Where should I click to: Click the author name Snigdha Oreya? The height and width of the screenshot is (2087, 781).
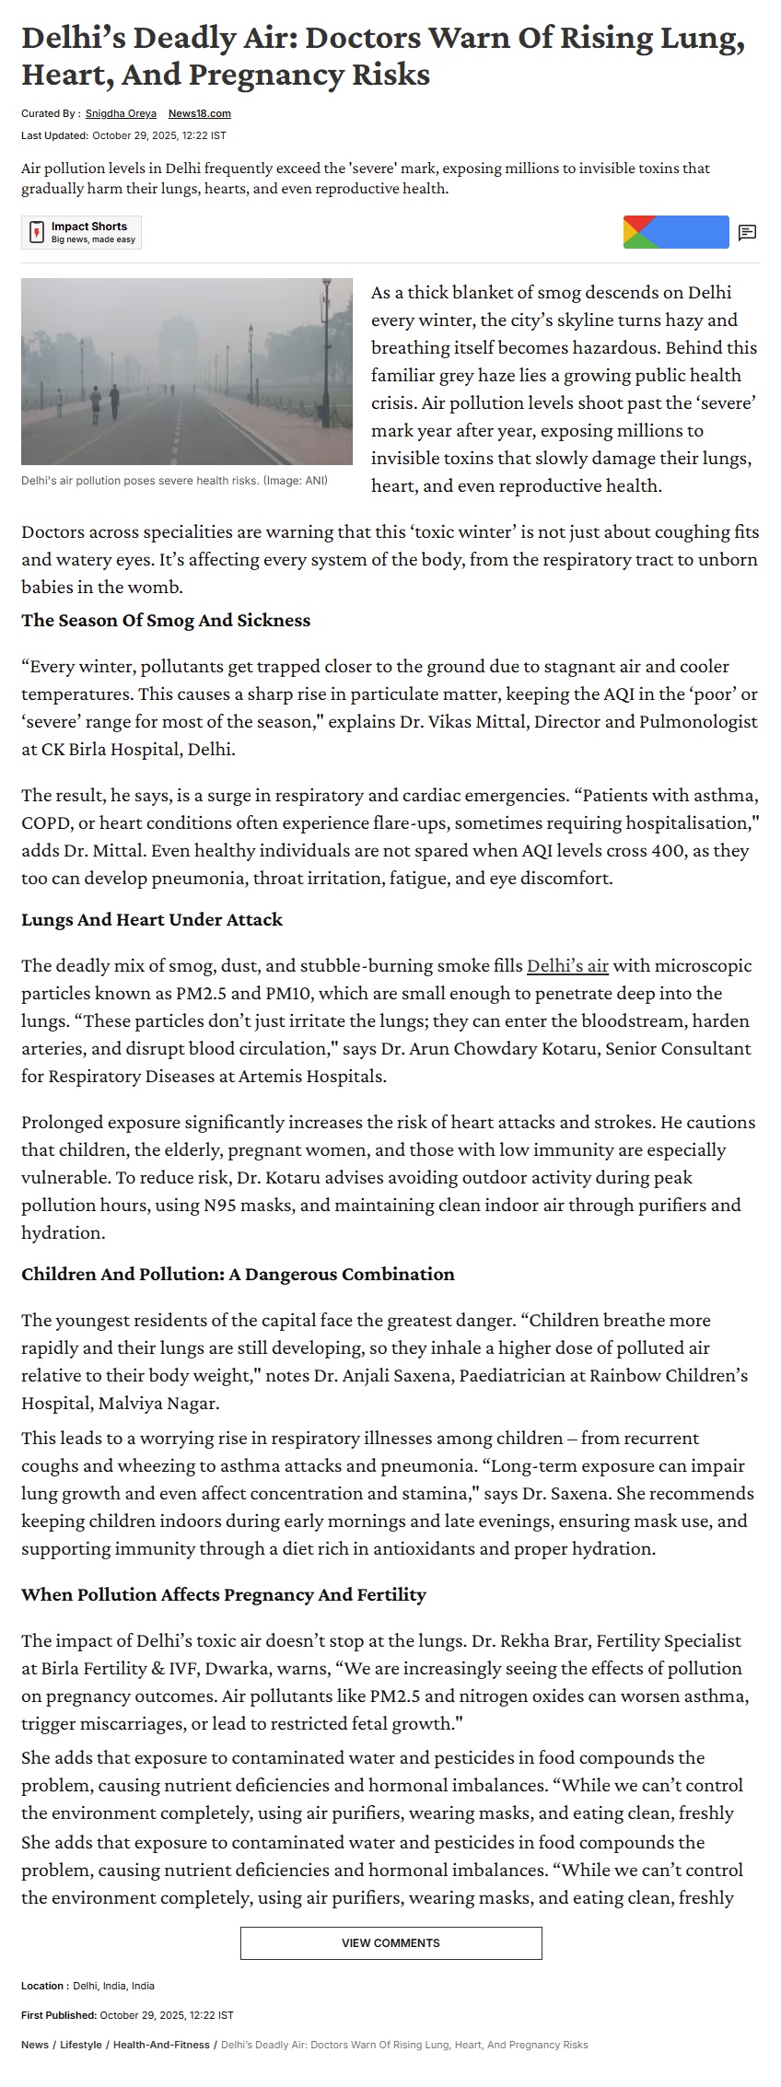(x=121, y=114)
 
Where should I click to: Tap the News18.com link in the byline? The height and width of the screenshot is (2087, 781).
(x=199, y=114)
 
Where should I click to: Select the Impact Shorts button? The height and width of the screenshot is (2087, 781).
(x=82, y=232)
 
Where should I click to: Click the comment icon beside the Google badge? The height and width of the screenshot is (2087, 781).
(x=747, y=233)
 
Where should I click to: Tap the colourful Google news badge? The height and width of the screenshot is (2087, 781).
(x=675, y=232)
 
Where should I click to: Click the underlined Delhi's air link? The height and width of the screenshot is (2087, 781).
(x=567, y=966)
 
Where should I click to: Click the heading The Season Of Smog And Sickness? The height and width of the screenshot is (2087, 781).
(x=166, y=621)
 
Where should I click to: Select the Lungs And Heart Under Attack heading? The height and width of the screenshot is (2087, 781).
(x=152, y=920)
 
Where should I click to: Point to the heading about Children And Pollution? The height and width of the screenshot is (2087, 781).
(x=238, y=1275)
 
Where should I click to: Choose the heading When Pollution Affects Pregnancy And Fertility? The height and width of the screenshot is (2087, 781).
(x=224, y=1595)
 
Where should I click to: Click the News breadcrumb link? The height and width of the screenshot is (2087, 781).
(x=35, y=2045)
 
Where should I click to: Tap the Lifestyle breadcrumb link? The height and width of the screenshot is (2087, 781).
(x=81, y=2045)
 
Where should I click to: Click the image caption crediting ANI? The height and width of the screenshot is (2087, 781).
(x=174, y=481)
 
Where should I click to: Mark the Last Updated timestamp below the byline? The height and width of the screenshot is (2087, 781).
(x=123, y=135)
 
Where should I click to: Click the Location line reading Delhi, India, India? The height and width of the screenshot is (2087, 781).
(x=88, y=1986)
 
